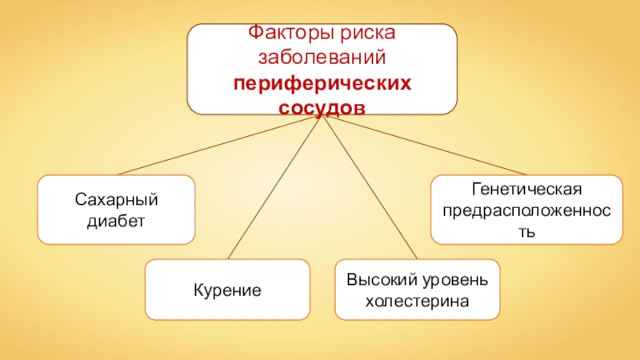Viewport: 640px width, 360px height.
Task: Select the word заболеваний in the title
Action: [322, 58]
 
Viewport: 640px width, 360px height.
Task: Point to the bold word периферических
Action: [322, 83]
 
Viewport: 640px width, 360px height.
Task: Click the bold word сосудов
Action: [322, 106]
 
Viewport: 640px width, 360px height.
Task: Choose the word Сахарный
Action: [116, 198]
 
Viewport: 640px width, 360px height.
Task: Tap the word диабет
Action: [116, 220]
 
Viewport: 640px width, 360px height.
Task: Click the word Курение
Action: [227, 289]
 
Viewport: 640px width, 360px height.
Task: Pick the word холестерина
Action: [416, 301]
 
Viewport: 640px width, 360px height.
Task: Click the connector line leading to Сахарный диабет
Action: [216, 146]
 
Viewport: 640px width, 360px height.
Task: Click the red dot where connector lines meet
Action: [318, 118]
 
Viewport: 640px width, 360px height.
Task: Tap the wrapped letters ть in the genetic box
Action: [526, 232]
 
